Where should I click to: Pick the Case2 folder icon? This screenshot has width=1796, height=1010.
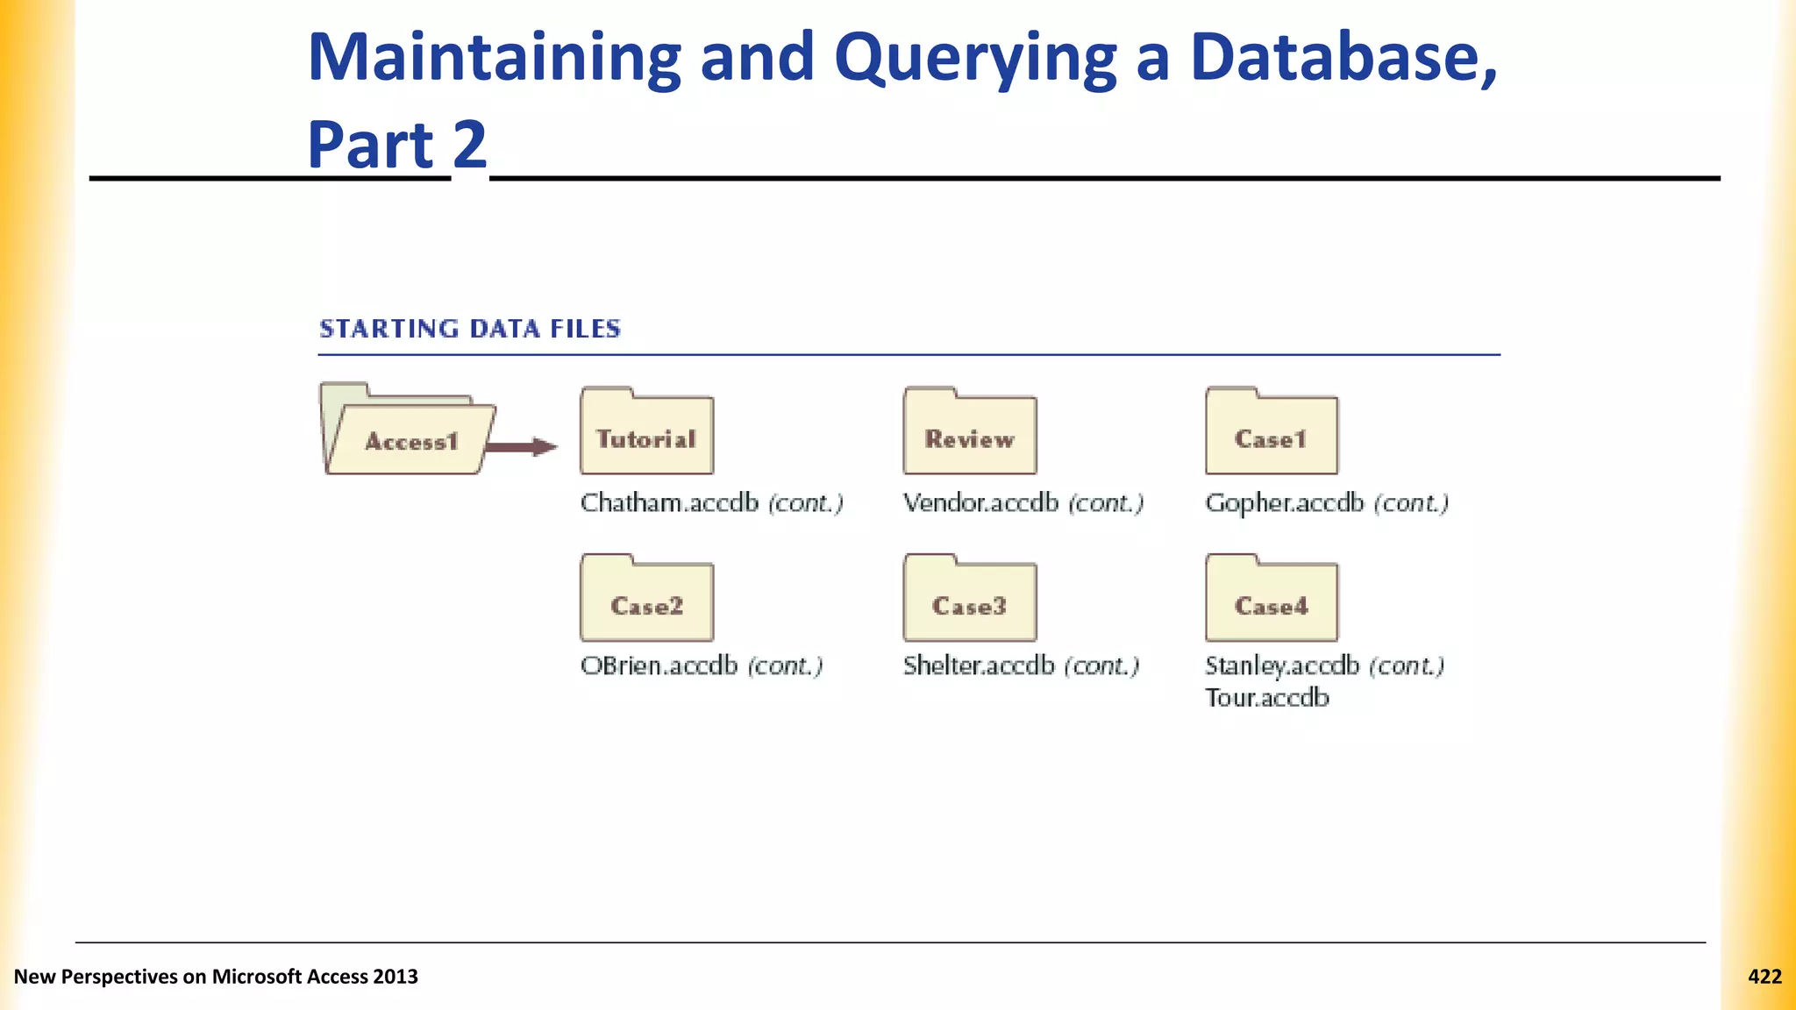pyautogui.click(x=646, y=600)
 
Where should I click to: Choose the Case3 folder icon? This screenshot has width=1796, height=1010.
pyautogui.click(x=969, y=600)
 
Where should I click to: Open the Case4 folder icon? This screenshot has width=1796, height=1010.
pyautogui.click(x=1271, y=600)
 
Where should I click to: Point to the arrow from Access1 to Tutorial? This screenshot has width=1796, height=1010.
pyautogui.click(x=521, y=447)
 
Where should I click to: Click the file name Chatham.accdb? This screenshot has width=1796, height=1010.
pyautogui.click(x=669, y=503)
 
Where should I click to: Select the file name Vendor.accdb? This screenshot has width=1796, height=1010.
pyautogui.click(x=980, y=503)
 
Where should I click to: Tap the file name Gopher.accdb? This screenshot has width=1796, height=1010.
pyautogui.click(x=1284, y=503)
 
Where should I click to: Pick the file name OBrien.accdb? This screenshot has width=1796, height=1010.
pyautogui.click(x=659, y=666)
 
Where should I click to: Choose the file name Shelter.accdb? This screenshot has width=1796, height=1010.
pyautogui.click(x=978, y=666)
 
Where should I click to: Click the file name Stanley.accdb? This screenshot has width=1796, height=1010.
pyautogui.click(x=1281, y=666)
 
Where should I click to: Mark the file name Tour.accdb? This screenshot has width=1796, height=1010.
pyautogui.click(x=1266, y=698)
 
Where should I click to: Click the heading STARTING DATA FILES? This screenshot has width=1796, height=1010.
pyautogui.click(x=470, y=329)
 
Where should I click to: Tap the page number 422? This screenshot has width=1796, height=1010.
pyautogui.click(x=1764, y=977)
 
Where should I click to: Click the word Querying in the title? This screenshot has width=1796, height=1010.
pyautogui.click(x=975, y=58)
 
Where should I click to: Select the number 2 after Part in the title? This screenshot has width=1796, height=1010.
pyautogui.click(x=469, y=145)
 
